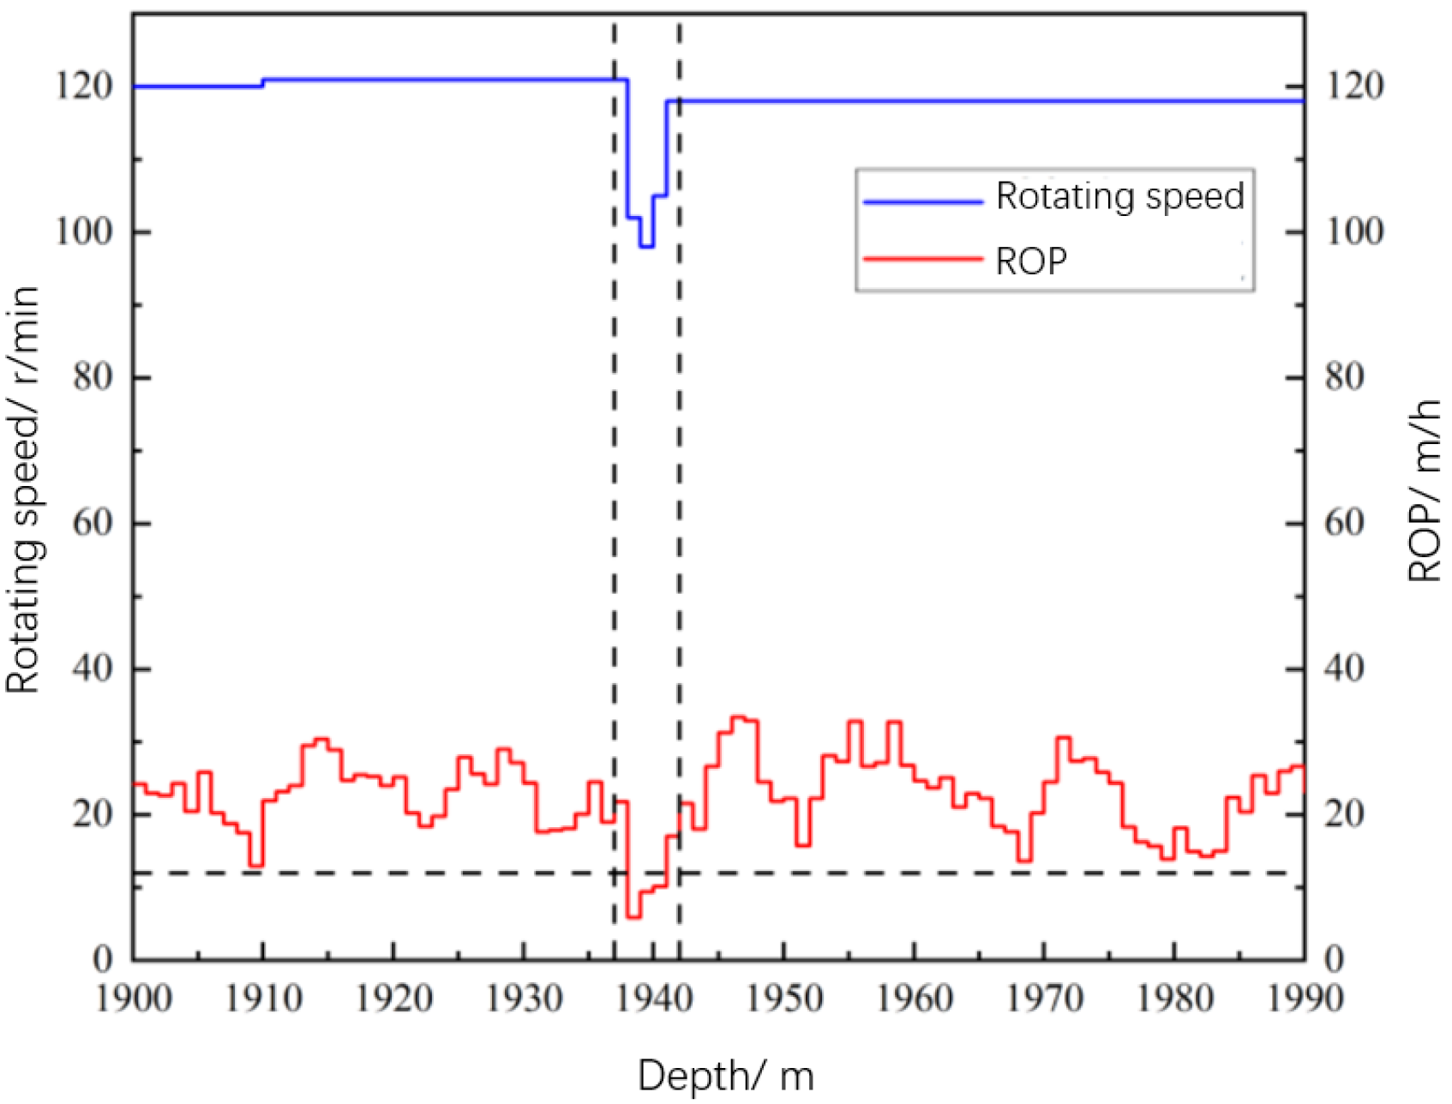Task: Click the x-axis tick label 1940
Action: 654,999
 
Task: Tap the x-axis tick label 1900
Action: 133,999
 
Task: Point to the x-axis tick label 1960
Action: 915,999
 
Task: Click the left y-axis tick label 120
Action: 84,86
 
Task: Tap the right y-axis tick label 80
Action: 1344,377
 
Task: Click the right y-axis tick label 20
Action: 1344,813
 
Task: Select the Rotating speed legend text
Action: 1119,196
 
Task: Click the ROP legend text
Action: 1031,261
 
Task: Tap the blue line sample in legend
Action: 923,202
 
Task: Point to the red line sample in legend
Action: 923,258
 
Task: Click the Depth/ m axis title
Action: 725,1077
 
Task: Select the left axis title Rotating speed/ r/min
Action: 23,490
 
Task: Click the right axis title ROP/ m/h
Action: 1425,490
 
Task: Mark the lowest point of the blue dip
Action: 646,247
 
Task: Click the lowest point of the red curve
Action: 633,917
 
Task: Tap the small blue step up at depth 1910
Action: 263,82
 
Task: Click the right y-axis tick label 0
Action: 1334,959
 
